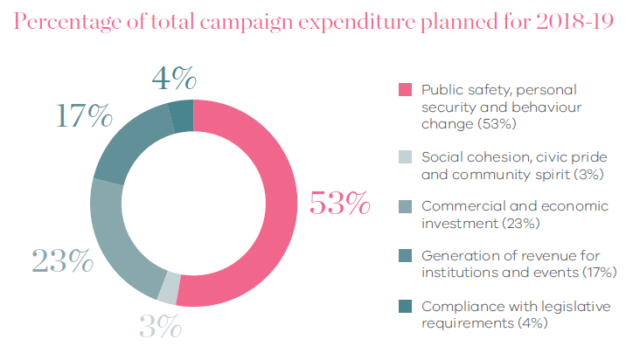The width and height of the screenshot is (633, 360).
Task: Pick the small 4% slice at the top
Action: (x=182, y=115)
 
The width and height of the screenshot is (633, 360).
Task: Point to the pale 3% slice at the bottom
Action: (x=170, y=287)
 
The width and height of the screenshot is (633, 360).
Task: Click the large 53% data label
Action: (x=339, y=203)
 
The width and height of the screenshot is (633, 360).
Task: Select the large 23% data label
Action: (x=62, y=260)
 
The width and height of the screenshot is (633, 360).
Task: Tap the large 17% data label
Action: (x=85, y=116)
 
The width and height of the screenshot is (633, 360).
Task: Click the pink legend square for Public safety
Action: (x=405, y=90)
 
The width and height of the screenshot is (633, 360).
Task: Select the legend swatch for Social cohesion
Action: (x=405, y=156)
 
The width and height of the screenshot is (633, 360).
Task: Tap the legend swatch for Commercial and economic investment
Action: (x=405, y=206)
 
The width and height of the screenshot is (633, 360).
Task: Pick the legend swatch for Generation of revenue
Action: (x=405, y=256)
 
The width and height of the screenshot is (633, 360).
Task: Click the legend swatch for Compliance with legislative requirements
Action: (x=405, y=306)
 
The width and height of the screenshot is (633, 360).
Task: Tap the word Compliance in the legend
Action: (x=459, y=306)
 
